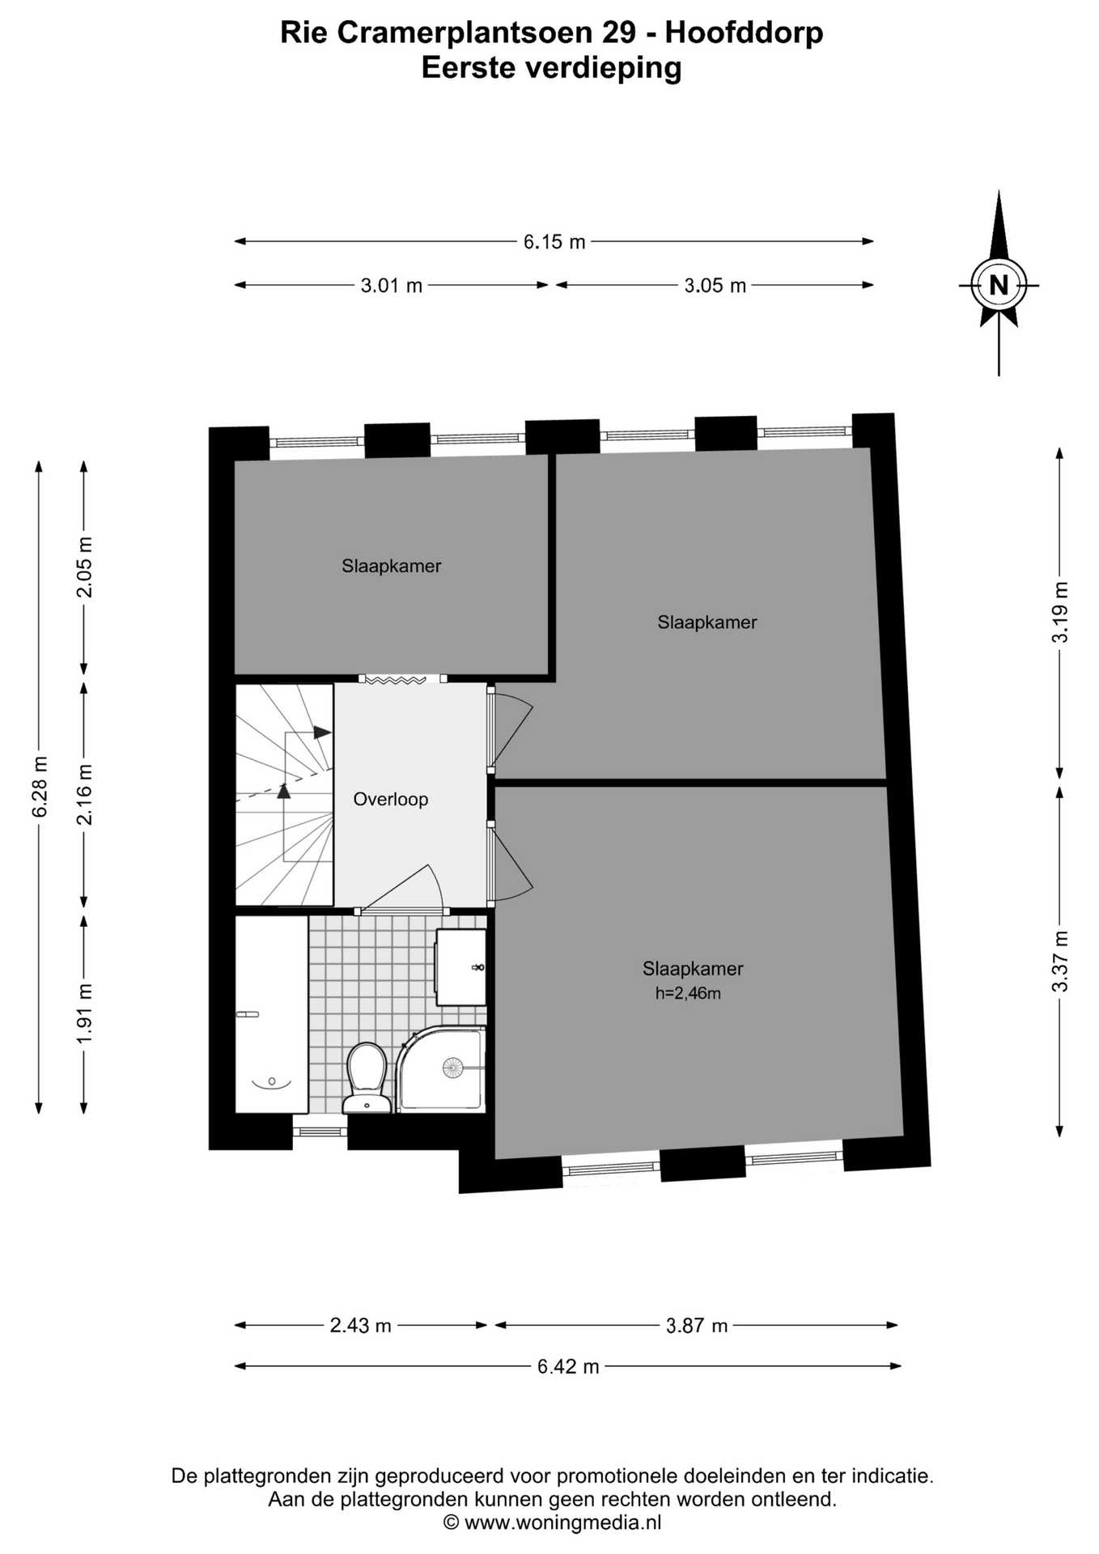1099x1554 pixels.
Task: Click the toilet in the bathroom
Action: (x=366, y=1077)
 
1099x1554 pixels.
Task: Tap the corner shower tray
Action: (x=442, y=1068)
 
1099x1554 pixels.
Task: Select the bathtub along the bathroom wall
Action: (x=272, y=1014)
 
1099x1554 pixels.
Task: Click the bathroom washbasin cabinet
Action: (x=461, y=967)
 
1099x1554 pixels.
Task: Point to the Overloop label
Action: (x=391, y=800)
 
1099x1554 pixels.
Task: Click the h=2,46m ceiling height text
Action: (x=688, y=993)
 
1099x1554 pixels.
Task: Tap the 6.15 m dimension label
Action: (x=554, y=241)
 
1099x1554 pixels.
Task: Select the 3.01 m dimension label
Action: (x=392, y=285)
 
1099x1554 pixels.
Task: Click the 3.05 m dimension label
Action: (x=715, y=285)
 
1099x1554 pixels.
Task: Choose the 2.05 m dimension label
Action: (x=84, y=567)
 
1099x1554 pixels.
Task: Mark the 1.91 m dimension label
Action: (x=84, y=1013)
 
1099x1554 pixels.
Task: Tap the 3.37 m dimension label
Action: (x=1060, y=962)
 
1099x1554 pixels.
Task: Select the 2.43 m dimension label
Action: (x=361, y=1325)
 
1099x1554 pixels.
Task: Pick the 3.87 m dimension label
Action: (x=697, y=1325)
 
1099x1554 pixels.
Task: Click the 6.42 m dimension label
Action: (x=568, y=1366)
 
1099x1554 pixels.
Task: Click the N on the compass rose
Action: (x=999, y=285)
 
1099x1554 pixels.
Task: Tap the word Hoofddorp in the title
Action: (x=744, y=32)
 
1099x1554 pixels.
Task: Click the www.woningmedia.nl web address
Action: (x=563, y=1522)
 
